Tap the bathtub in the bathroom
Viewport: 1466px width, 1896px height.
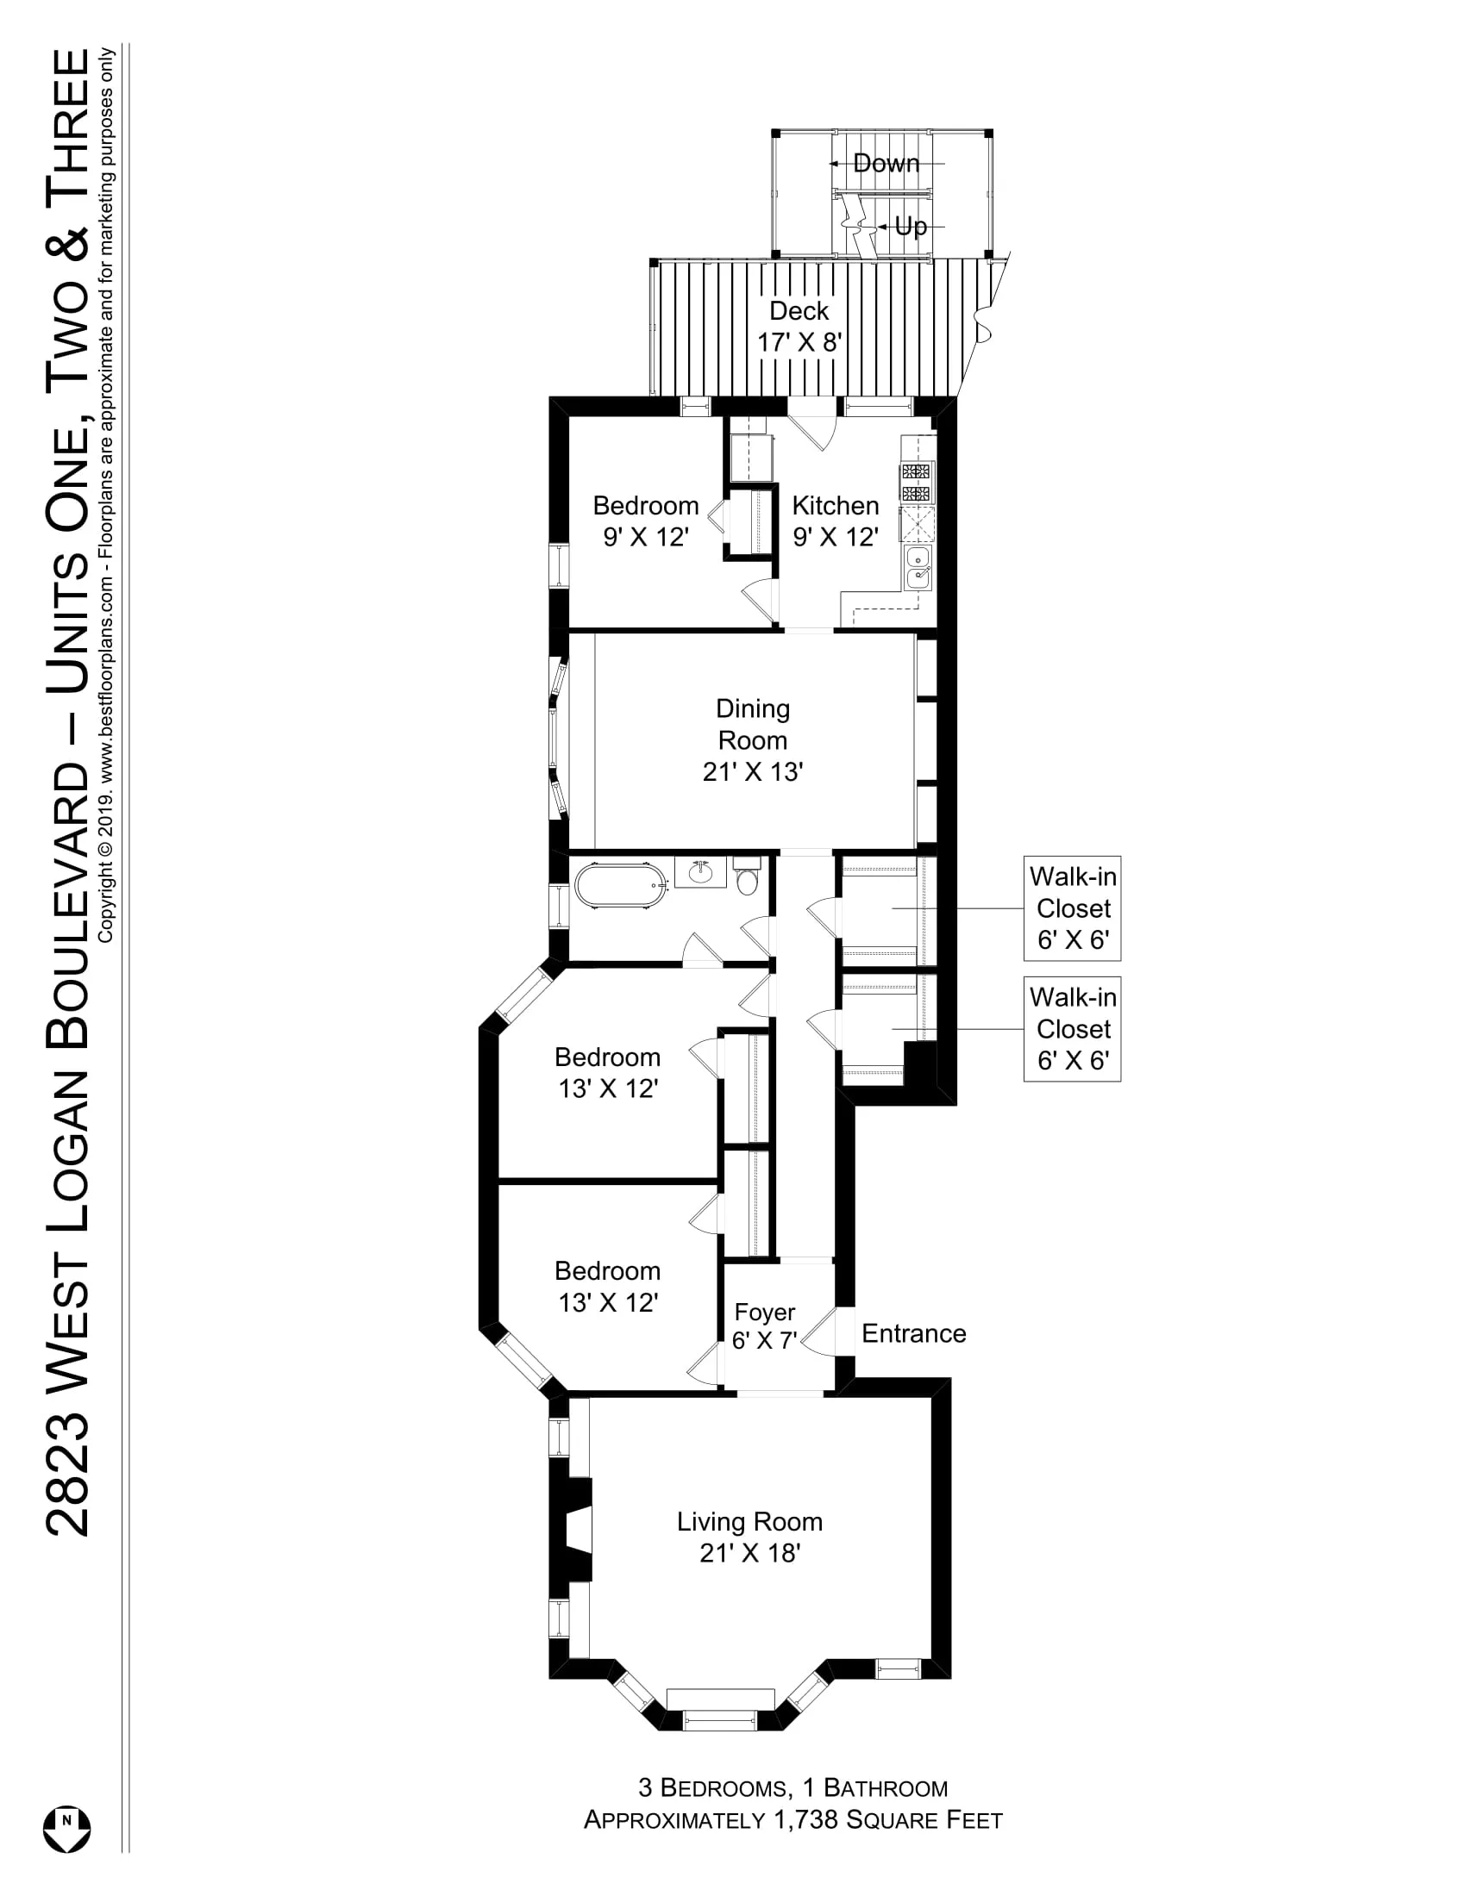622,885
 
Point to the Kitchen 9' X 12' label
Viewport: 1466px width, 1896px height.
836,521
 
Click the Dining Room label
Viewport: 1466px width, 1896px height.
753,724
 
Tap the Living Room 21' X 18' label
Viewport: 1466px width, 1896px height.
749,1537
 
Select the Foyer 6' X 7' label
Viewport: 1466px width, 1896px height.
764,1325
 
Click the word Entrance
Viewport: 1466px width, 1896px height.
913,1332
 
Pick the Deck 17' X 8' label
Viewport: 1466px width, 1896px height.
800,327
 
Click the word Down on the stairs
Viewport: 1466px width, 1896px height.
886,162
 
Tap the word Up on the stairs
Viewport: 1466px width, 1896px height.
911,226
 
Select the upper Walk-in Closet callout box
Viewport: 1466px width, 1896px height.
1073,908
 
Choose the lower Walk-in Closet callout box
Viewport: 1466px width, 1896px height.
1073,1029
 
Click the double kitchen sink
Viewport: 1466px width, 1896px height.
918,568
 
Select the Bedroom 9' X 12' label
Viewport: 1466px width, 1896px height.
646,521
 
